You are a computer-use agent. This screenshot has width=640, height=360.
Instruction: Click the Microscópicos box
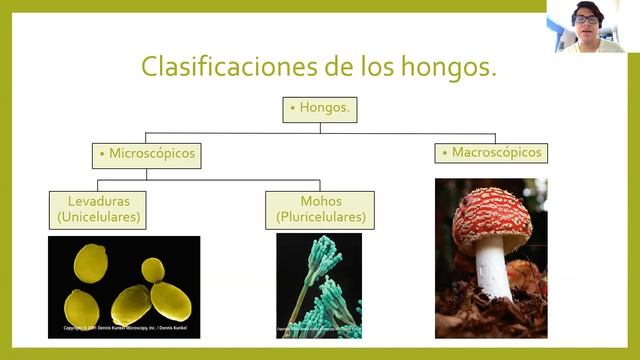[x=146, y=155]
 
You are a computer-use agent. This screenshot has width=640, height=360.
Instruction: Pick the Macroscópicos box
[x=491, y=153]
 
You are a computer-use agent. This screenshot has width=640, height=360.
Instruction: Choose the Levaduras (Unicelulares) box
[x=99, y=208]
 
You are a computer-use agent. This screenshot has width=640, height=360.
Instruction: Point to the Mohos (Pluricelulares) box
[x=320, y=208]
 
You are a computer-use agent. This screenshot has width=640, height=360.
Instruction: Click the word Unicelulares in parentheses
[x=99, y=216]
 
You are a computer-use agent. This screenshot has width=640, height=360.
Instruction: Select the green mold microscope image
[x=319, y=285]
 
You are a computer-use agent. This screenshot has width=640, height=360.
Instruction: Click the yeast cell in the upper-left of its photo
[x=91, y=262]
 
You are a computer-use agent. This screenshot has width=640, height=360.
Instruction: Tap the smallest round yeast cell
[x=152, y=269]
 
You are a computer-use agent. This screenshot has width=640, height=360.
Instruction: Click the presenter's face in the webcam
[x=586, y=20]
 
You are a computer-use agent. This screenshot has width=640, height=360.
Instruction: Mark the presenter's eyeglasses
[x=586, y=19]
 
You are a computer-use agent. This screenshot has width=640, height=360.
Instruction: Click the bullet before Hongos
[x=293, y=108]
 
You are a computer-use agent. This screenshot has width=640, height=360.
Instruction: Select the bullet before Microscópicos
[x=101, y=155]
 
